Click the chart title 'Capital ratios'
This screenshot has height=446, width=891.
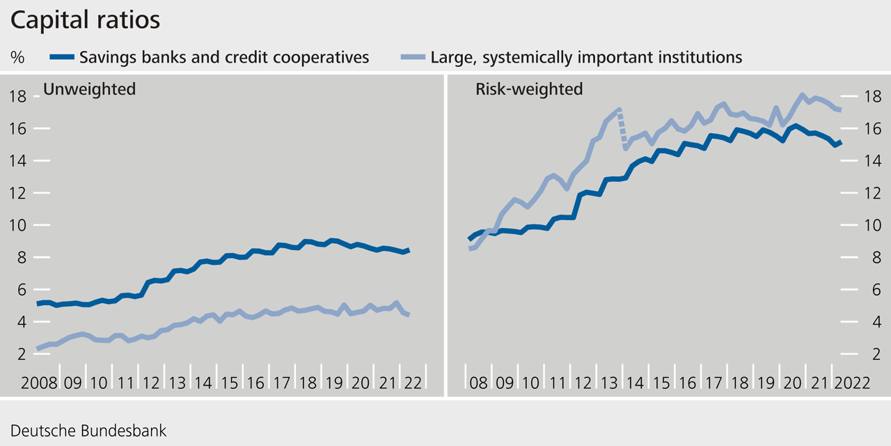(86, 20)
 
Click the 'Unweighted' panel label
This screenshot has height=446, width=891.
(89, 89)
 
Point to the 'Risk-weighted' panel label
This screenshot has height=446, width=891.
(529, 89)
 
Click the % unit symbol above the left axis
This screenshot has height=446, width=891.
(17, 58)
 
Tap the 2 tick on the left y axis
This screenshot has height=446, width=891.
(22, 354)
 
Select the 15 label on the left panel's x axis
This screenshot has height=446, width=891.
(230, 383)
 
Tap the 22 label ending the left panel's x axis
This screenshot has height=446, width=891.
(413, 383)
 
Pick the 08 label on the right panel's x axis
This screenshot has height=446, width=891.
(478, 383)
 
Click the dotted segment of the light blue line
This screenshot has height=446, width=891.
(622, 129)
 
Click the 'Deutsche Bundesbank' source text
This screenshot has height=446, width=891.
(88, 430)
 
